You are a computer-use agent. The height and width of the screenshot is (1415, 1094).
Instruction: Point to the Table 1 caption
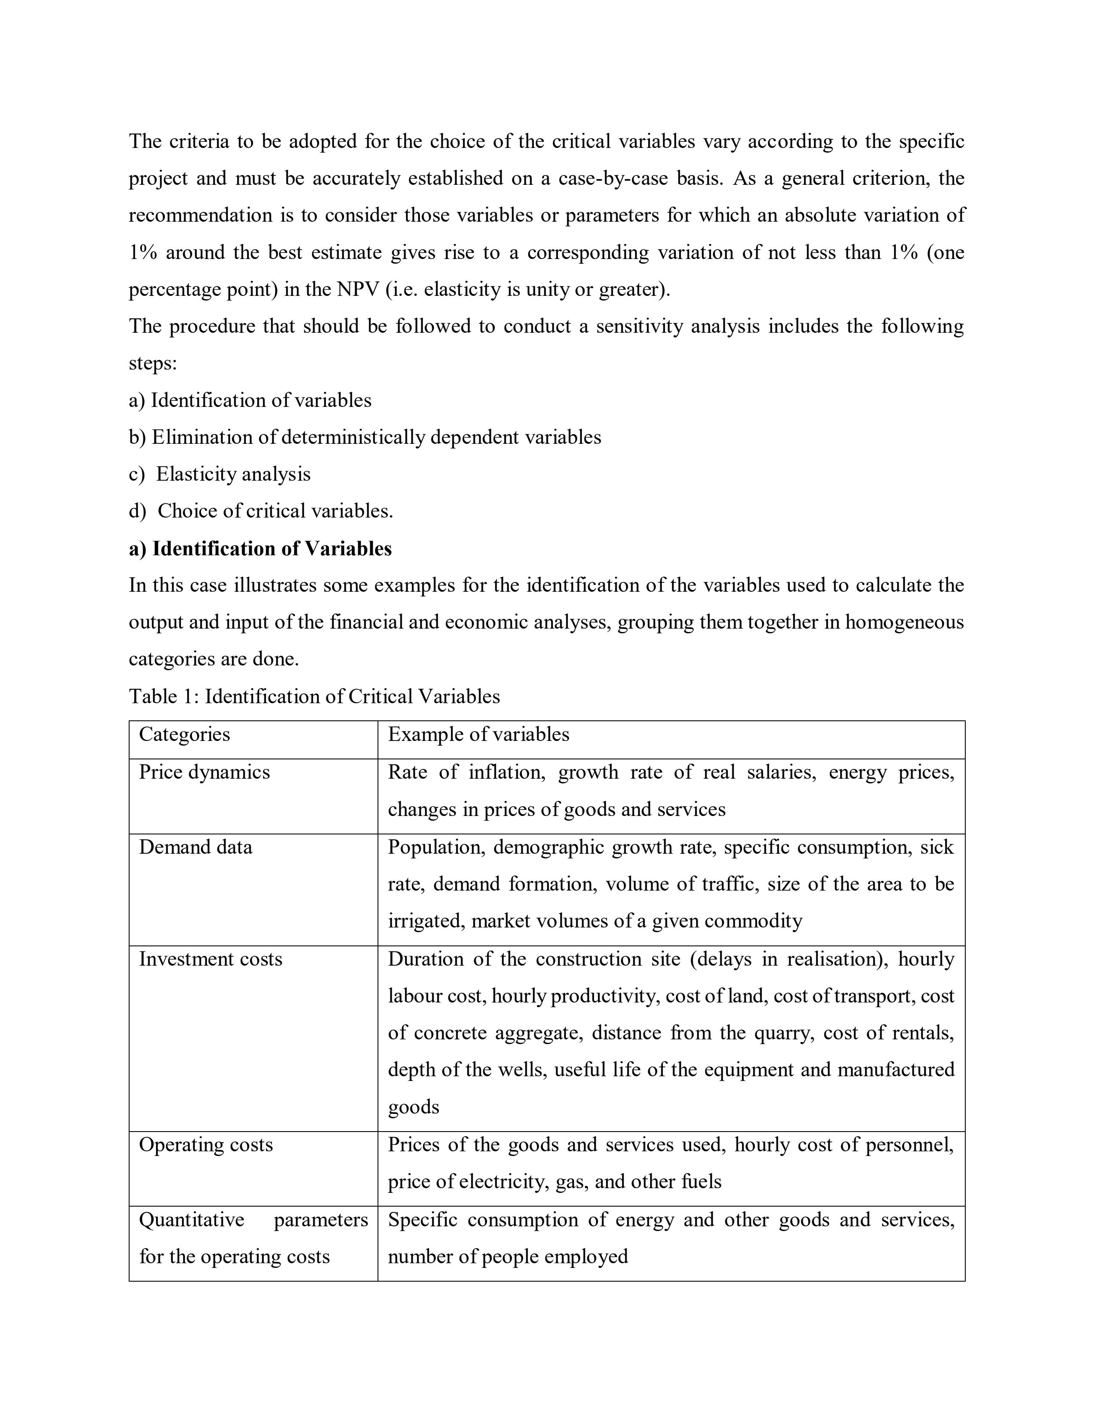coord(314,696)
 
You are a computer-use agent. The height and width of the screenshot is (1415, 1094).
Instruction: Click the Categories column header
coord(185,734)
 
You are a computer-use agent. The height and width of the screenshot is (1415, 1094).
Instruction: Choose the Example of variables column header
coord(478,734)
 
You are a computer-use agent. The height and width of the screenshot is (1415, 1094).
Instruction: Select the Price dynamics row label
coord(204,772)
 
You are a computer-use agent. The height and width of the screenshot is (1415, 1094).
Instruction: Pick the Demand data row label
coord(195,847)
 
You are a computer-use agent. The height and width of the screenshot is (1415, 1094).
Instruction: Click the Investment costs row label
coord(211,959)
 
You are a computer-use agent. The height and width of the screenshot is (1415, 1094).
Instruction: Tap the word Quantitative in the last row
coord(192,1219)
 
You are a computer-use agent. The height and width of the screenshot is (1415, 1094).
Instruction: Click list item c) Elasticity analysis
coord(221,474)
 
